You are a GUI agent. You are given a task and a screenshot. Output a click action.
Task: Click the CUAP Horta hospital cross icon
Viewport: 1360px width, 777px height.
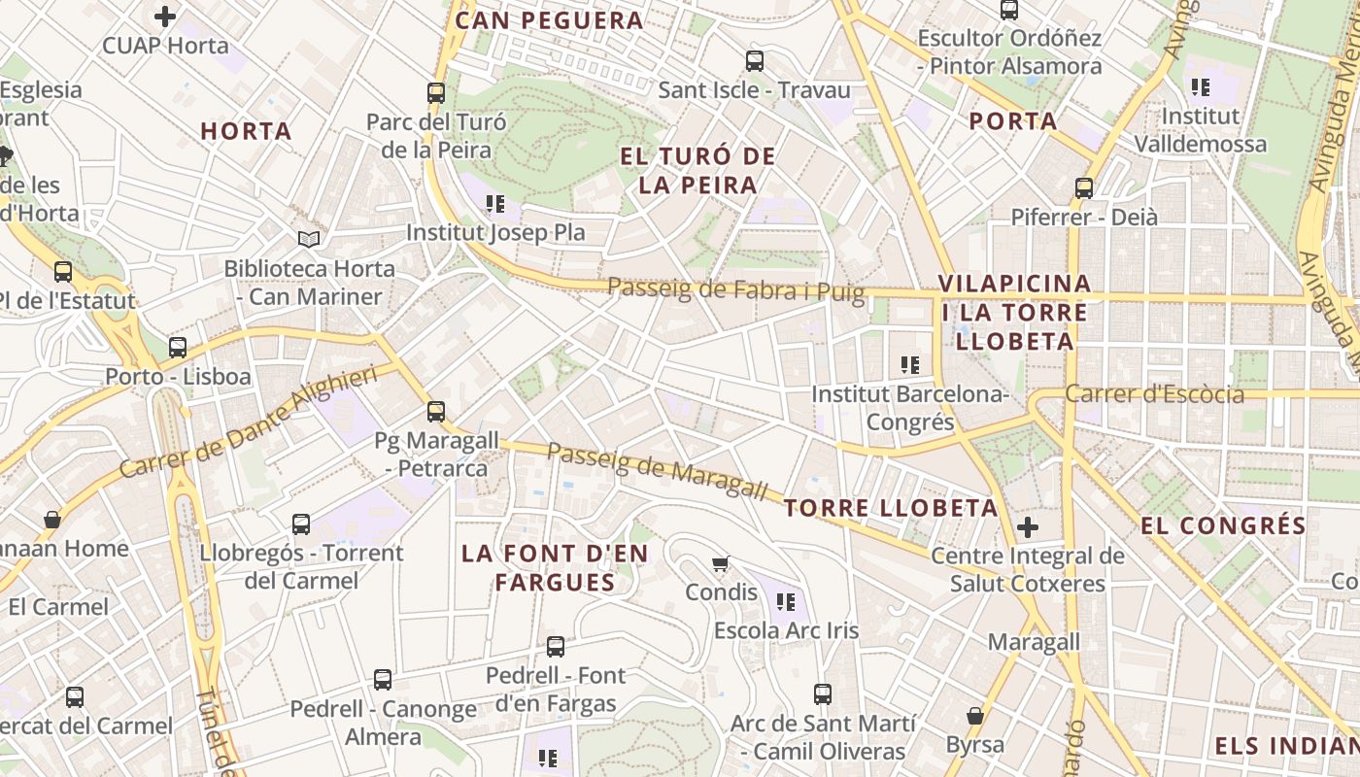click(x=165, y=17)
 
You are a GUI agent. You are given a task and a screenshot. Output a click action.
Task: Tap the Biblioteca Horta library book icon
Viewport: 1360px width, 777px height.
click(x=309, y=239)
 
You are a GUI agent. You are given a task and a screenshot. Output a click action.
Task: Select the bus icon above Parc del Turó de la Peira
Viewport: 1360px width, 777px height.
click(x=436, y=93)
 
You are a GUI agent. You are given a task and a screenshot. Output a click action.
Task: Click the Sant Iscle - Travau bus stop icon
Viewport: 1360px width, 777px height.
click(x=755, y=61)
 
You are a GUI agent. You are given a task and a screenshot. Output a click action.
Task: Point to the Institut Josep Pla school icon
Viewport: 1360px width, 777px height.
click(x=495, y=204)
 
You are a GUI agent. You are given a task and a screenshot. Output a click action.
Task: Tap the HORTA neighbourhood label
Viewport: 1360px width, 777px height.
click(x=246, y=131)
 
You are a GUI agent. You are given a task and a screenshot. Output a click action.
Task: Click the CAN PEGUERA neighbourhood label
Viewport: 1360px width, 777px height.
click(x=549, y=20)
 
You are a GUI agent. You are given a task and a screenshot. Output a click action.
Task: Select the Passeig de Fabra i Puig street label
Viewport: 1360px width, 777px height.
click(x=736, y=288)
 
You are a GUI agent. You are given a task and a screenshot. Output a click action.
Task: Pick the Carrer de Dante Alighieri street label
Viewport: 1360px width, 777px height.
click(x=248, y=423)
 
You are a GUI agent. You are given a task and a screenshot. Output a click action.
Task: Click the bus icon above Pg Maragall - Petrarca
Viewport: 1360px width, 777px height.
click(x=436, y=412)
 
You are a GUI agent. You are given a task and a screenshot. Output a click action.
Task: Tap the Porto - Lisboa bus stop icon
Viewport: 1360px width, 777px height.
click(x=178, y=348)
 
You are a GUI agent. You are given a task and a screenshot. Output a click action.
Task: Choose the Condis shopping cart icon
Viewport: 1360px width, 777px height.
click(x=721, y=564)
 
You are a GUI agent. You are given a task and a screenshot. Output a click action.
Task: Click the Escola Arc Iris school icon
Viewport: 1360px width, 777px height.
click(x=787, y=602)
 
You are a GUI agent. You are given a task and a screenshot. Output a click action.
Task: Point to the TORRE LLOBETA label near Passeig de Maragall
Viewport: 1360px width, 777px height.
click(x=891, y=508)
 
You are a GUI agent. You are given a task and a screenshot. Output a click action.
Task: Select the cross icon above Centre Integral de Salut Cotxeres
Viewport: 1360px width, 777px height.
click(x=1028, y=527)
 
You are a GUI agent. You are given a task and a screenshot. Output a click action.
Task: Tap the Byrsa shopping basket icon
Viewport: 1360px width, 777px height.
click(x=975, y=716)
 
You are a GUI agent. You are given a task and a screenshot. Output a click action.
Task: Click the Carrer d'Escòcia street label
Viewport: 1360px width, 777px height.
click(x=1154, y=394)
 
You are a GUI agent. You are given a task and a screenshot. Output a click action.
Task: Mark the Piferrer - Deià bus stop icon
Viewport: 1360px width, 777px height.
click(x=1084, y=188)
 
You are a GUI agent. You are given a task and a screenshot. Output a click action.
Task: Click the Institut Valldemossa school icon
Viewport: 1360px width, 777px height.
click(x=1201, y=87)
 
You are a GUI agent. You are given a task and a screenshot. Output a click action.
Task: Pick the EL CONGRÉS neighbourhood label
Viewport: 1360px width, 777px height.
click(x=1223, y=526)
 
